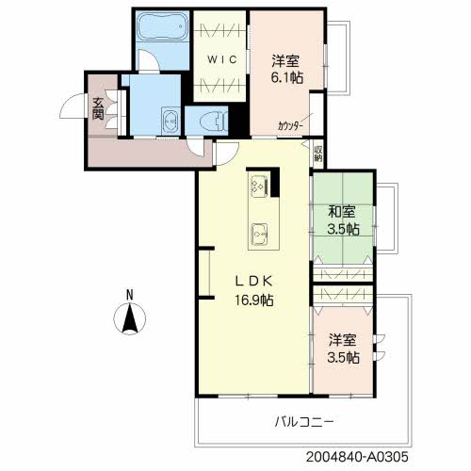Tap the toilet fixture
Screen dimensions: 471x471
click(x=214, y=122)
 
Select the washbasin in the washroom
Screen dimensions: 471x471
click(x=171, y=120)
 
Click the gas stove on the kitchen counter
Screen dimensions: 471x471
click(x=259, y=186)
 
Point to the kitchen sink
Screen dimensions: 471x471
click(x=259, y=234)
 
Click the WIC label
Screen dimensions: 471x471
click(x=222, y=59)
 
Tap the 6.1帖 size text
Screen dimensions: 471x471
click(x=287, y=77)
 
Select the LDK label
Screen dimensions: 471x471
click(x=254, y=282)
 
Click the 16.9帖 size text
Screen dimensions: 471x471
click(x=254, y=300)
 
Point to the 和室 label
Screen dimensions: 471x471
click(x=342, y=212)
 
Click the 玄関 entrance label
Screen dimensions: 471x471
click(x=98, y=108)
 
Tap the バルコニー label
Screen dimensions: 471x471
click(x=304, y=422)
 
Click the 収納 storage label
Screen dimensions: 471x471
click(x=318, y=154)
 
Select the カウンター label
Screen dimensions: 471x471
click(x=290, y=126)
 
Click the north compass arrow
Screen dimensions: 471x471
click(x=130, y=317)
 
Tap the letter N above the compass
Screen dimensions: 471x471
click(x=129, y=295)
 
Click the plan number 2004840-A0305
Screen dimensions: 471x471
click(x=357, y=457)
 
